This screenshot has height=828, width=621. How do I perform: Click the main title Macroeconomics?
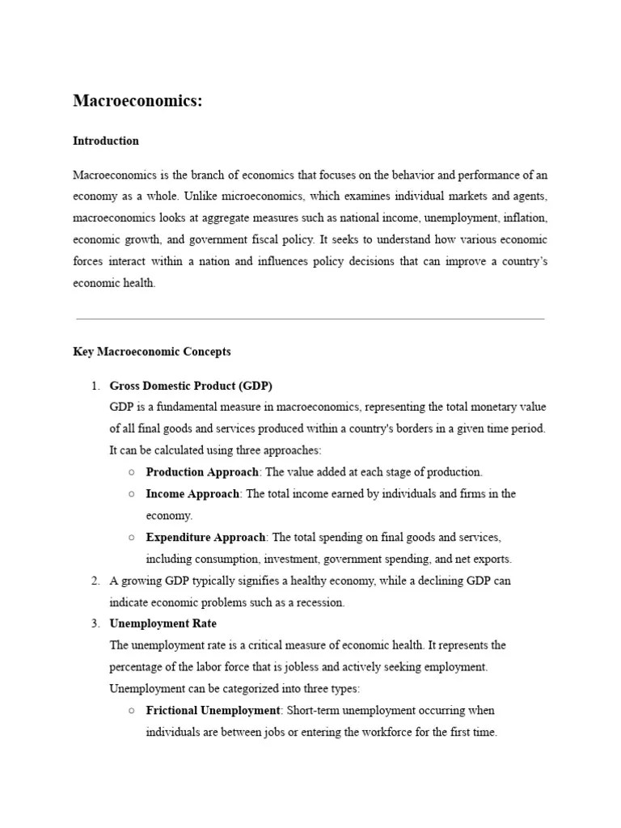(x=137, y=101)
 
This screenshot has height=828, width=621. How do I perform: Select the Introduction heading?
(x=106, y=141)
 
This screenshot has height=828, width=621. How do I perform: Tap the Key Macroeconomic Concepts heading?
(x=151, y=352)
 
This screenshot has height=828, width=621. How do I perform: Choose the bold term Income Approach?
(x=192, y=494)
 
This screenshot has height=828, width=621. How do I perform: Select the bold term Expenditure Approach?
(x=205, y=537)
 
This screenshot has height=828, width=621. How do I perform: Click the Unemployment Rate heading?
(x=163, y=623)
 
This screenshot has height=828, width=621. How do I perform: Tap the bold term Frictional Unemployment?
(x=212, y=711)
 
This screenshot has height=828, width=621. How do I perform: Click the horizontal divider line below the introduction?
(x=310, y=319)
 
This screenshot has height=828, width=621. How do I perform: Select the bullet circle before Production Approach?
(x=131, y=472)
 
